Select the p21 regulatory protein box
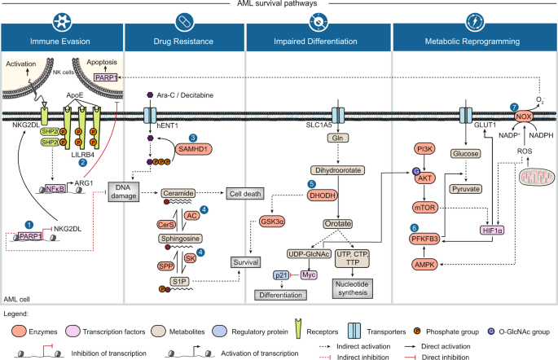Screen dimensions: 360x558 coord(282,274)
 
